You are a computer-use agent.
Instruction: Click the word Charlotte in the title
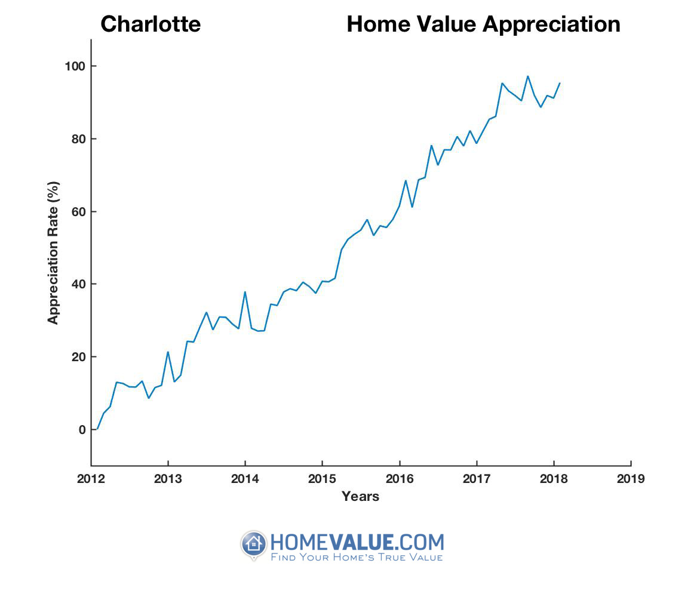(151, 24)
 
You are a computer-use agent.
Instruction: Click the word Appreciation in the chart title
(551, 24)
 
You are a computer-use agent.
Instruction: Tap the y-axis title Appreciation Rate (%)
(54, 253)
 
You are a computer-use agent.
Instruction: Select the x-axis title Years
(360, 496)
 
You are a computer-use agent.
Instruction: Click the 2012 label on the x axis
(91, 479)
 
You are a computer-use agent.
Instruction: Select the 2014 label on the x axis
(245, 479)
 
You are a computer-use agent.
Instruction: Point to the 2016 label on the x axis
(399, 479)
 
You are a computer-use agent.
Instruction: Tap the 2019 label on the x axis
(630, 479)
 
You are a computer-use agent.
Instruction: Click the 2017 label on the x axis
(476, 479)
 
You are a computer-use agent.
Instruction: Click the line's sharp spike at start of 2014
(245, 292)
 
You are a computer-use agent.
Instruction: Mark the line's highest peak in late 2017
(527, 76)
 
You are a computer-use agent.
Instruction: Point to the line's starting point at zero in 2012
(97, 429)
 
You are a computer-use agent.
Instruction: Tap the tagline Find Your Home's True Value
(357, 558)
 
